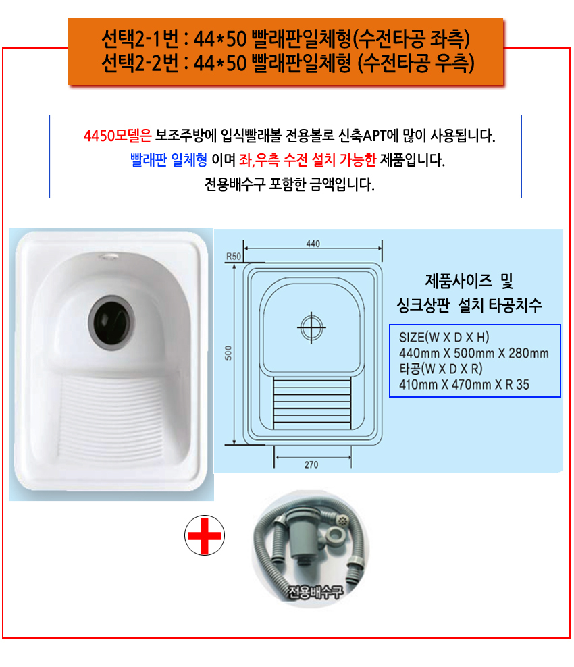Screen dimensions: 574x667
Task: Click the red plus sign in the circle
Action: pos(204,535)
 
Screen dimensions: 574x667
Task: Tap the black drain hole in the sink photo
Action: pos(111,322)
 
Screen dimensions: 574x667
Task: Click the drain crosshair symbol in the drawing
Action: pos(311,327)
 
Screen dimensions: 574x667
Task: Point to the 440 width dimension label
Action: pos(313,243)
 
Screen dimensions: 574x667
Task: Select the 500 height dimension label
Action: pos(228,352)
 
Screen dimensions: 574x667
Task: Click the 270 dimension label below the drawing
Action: pos(311,464)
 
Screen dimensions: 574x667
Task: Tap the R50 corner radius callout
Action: pos(233,256)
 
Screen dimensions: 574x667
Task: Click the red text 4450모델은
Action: pos(118,136)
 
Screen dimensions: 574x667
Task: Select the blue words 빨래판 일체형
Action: pos(169,160)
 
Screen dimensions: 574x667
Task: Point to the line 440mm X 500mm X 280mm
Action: pos(473,353)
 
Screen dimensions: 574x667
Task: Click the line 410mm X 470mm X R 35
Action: pos(464,385)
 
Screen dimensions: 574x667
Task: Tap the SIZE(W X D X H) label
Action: pos(444,338)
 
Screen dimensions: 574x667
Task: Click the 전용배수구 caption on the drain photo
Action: pos(315,591)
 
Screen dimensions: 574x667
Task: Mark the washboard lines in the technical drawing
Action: pos(312,403)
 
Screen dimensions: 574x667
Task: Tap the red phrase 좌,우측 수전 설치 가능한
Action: pos(308,160)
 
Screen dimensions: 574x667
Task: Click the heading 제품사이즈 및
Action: pos(469,281)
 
